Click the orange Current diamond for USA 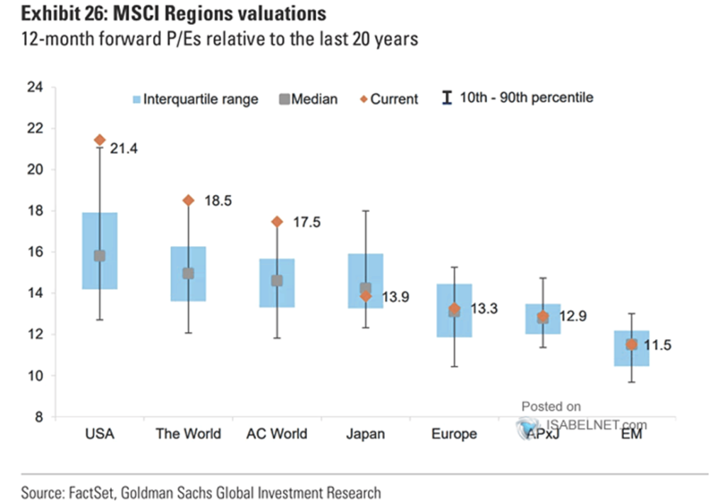[100, 140]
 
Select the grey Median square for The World [189, 273]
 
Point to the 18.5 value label [218, 201]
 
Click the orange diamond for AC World [277, 222]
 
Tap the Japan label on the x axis [366, 433]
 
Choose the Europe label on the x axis [454, 433]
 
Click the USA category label [99, 433]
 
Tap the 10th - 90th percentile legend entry [518, 99]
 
